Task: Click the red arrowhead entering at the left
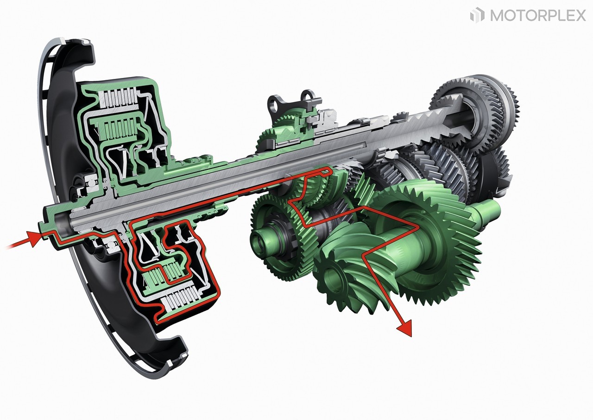point(34,239)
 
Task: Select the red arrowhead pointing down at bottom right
point(404,328)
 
